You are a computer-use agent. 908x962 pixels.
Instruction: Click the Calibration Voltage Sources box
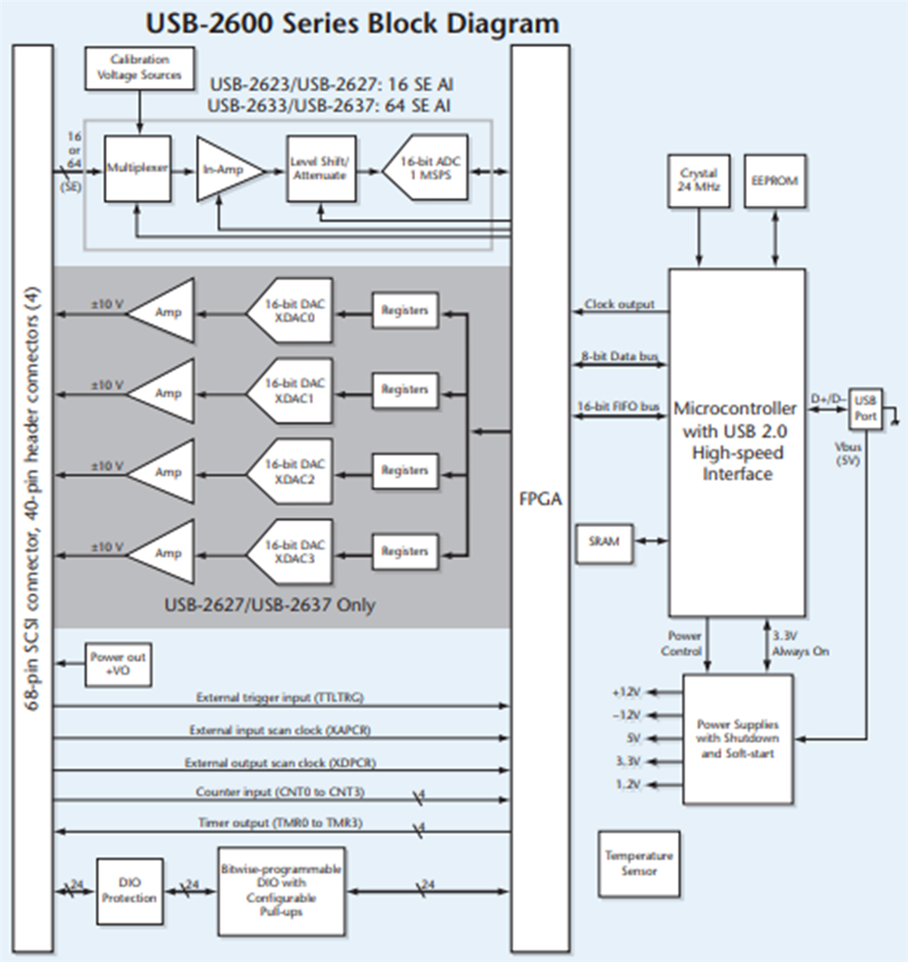point(140,68)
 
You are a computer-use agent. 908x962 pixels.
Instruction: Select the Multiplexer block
point(137,168)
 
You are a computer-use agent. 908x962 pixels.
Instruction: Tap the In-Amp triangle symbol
point(225,169)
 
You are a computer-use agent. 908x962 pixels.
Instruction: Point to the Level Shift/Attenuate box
point(321,168)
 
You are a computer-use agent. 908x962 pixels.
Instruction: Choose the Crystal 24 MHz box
point(699,180)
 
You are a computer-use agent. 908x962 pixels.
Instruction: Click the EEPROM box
point(775,180)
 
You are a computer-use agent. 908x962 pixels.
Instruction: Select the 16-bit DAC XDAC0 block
point(293,311)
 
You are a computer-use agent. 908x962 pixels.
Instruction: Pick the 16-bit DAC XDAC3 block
point(293,552)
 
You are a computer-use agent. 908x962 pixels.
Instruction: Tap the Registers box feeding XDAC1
point(405,390)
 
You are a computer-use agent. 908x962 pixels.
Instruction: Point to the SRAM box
point(604,542)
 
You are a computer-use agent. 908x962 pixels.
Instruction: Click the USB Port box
point(865,408)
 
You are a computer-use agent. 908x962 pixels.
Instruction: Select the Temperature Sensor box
point(638,863)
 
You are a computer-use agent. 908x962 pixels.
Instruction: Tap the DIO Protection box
point(129,891)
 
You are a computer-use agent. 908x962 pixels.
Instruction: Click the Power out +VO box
point(118,664)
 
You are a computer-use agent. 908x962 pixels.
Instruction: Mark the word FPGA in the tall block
point(540,499)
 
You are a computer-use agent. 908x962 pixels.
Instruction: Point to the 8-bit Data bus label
point(619,356)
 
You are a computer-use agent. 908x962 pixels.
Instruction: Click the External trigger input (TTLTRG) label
point(280,697)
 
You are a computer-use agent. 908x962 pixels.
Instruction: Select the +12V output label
point(626,692)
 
